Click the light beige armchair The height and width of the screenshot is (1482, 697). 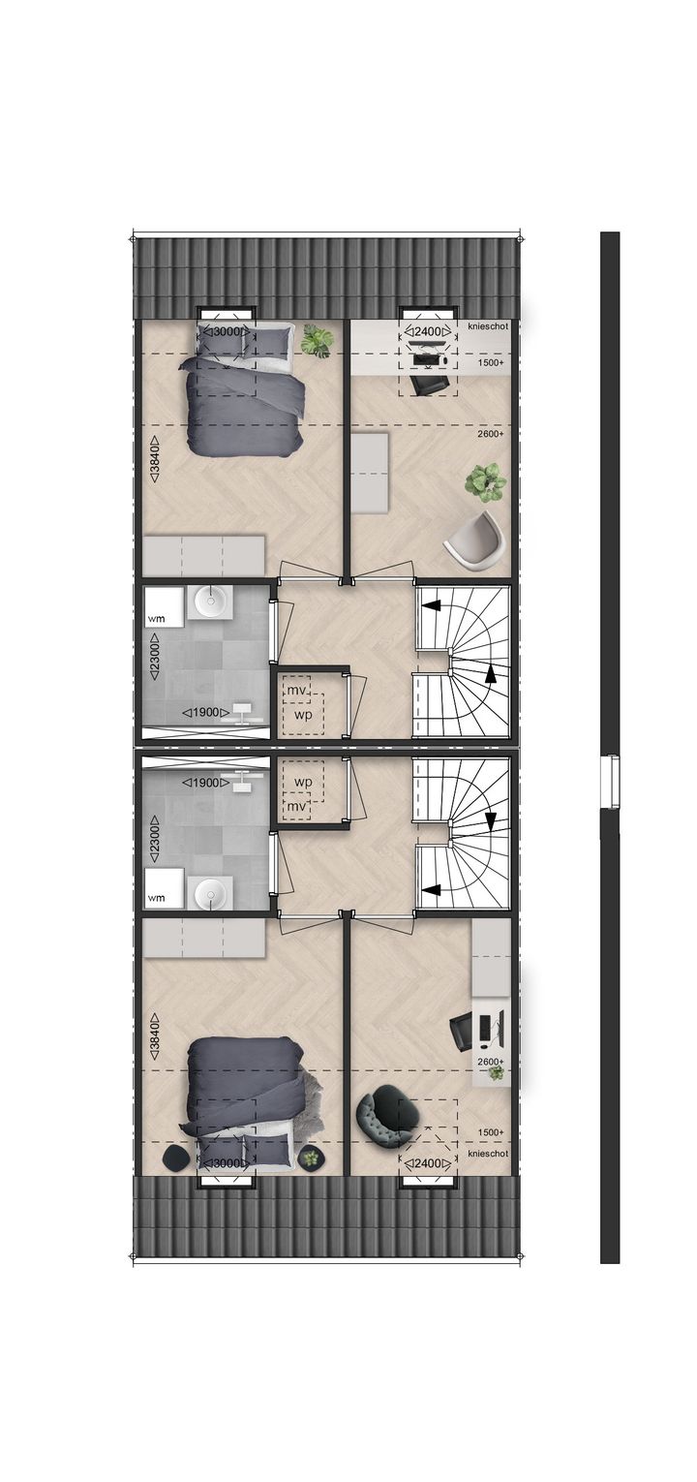click(475, 539)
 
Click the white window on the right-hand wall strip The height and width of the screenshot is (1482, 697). click(609, 781)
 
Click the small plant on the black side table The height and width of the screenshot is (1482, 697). click(311, 1157)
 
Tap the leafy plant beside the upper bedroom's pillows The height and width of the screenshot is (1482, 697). click(317, 340)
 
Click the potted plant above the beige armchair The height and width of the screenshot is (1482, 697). click(485, 481)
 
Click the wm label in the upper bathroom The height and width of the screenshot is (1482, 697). click(156, 617)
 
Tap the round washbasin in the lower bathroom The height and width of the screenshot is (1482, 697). click(208, 893)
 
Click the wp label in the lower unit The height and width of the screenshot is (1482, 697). click(303, 782)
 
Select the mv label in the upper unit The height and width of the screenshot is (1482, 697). click(295, 690)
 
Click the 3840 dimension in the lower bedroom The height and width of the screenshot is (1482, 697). click(155, 1033)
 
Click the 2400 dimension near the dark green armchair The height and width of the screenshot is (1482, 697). click(427, 1163)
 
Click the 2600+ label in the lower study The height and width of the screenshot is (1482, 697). click(491, 1063)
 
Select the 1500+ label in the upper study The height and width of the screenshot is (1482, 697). click(491, 362)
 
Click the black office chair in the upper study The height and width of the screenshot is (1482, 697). click(427, 385)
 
